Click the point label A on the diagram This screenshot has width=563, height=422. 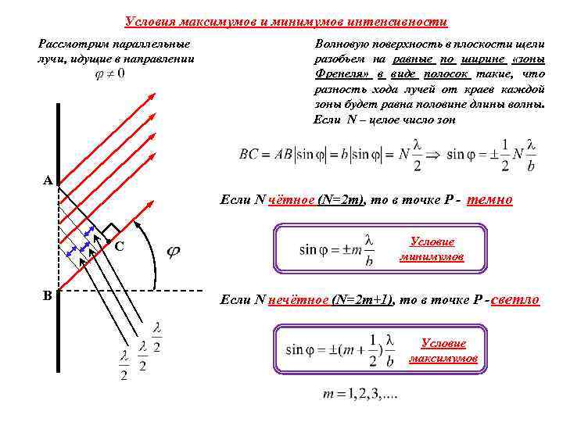(48, 181)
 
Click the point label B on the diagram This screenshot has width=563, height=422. (48, 295)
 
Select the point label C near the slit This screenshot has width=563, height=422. (120, 246)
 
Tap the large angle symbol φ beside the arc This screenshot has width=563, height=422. (174, 251)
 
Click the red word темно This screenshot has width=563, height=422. (489, 199)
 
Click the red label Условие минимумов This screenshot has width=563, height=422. (432, 249)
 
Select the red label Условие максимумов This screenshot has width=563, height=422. (443, 350)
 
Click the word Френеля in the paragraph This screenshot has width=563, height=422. (341, 73)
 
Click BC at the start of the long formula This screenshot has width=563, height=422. (249, 154)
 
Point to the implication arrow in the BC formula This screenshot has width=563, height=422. (435, 154)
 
